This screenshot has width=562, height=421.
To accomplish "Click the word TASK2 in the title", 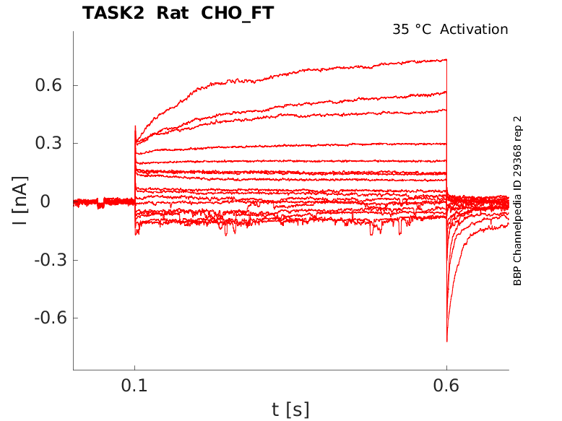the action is coord(113,13).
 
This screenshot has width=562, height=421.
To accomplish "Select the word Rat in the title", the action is coord(173,13).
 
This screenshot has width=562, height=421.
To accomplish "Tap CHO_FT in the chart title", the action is coord(237,14).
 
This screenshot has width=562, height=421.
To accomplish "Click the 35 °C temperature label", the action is coord(412,30).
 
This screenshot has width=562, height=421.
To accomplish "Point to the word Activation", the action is coord(474,30).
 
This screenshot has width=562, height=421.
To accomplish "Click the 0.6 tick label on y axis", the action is coord(48,85).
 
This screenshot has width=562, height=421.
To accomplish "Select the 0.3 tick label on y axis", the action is coord(48,143).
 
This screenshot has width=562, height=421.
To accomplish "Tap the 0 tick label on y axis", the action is coord(46,201).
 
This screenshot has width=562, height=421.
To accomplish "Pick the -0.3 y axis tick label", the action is coord(51,260).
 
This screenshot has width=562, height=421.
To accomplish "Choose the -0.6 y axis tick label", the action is coord(51,318).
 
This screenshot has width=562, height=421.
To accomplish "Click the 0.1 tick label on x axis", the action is coord(134,386).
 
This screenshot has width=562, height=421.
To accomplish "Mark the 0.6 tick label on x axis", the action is coord(446,386).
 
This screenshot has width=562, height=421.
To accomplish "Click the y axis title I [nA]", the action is coord(20,201).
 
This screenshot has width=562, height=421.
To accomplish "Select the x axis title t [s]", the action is coord(290,409).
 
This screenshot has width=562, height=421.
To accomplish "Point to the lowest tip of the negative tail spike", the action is coord(447,342).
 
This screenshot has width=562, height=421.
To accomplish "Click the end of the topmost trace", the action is coord(446,60).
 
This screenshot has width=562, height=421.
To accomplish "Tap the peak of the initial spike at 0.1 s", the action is coord(135,126).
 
